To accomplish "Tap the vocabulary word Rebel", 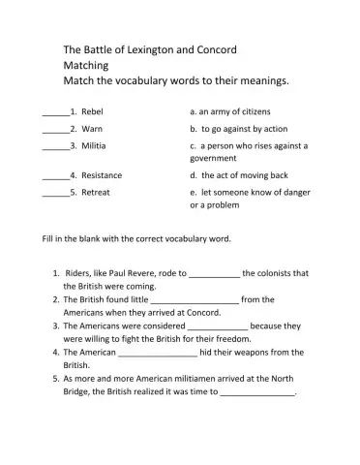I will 93,111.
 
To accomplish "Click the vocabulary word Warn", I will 92,129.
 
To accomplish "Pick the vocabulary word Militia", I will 95,145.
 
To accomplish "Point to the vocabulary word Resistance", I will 102,175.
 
